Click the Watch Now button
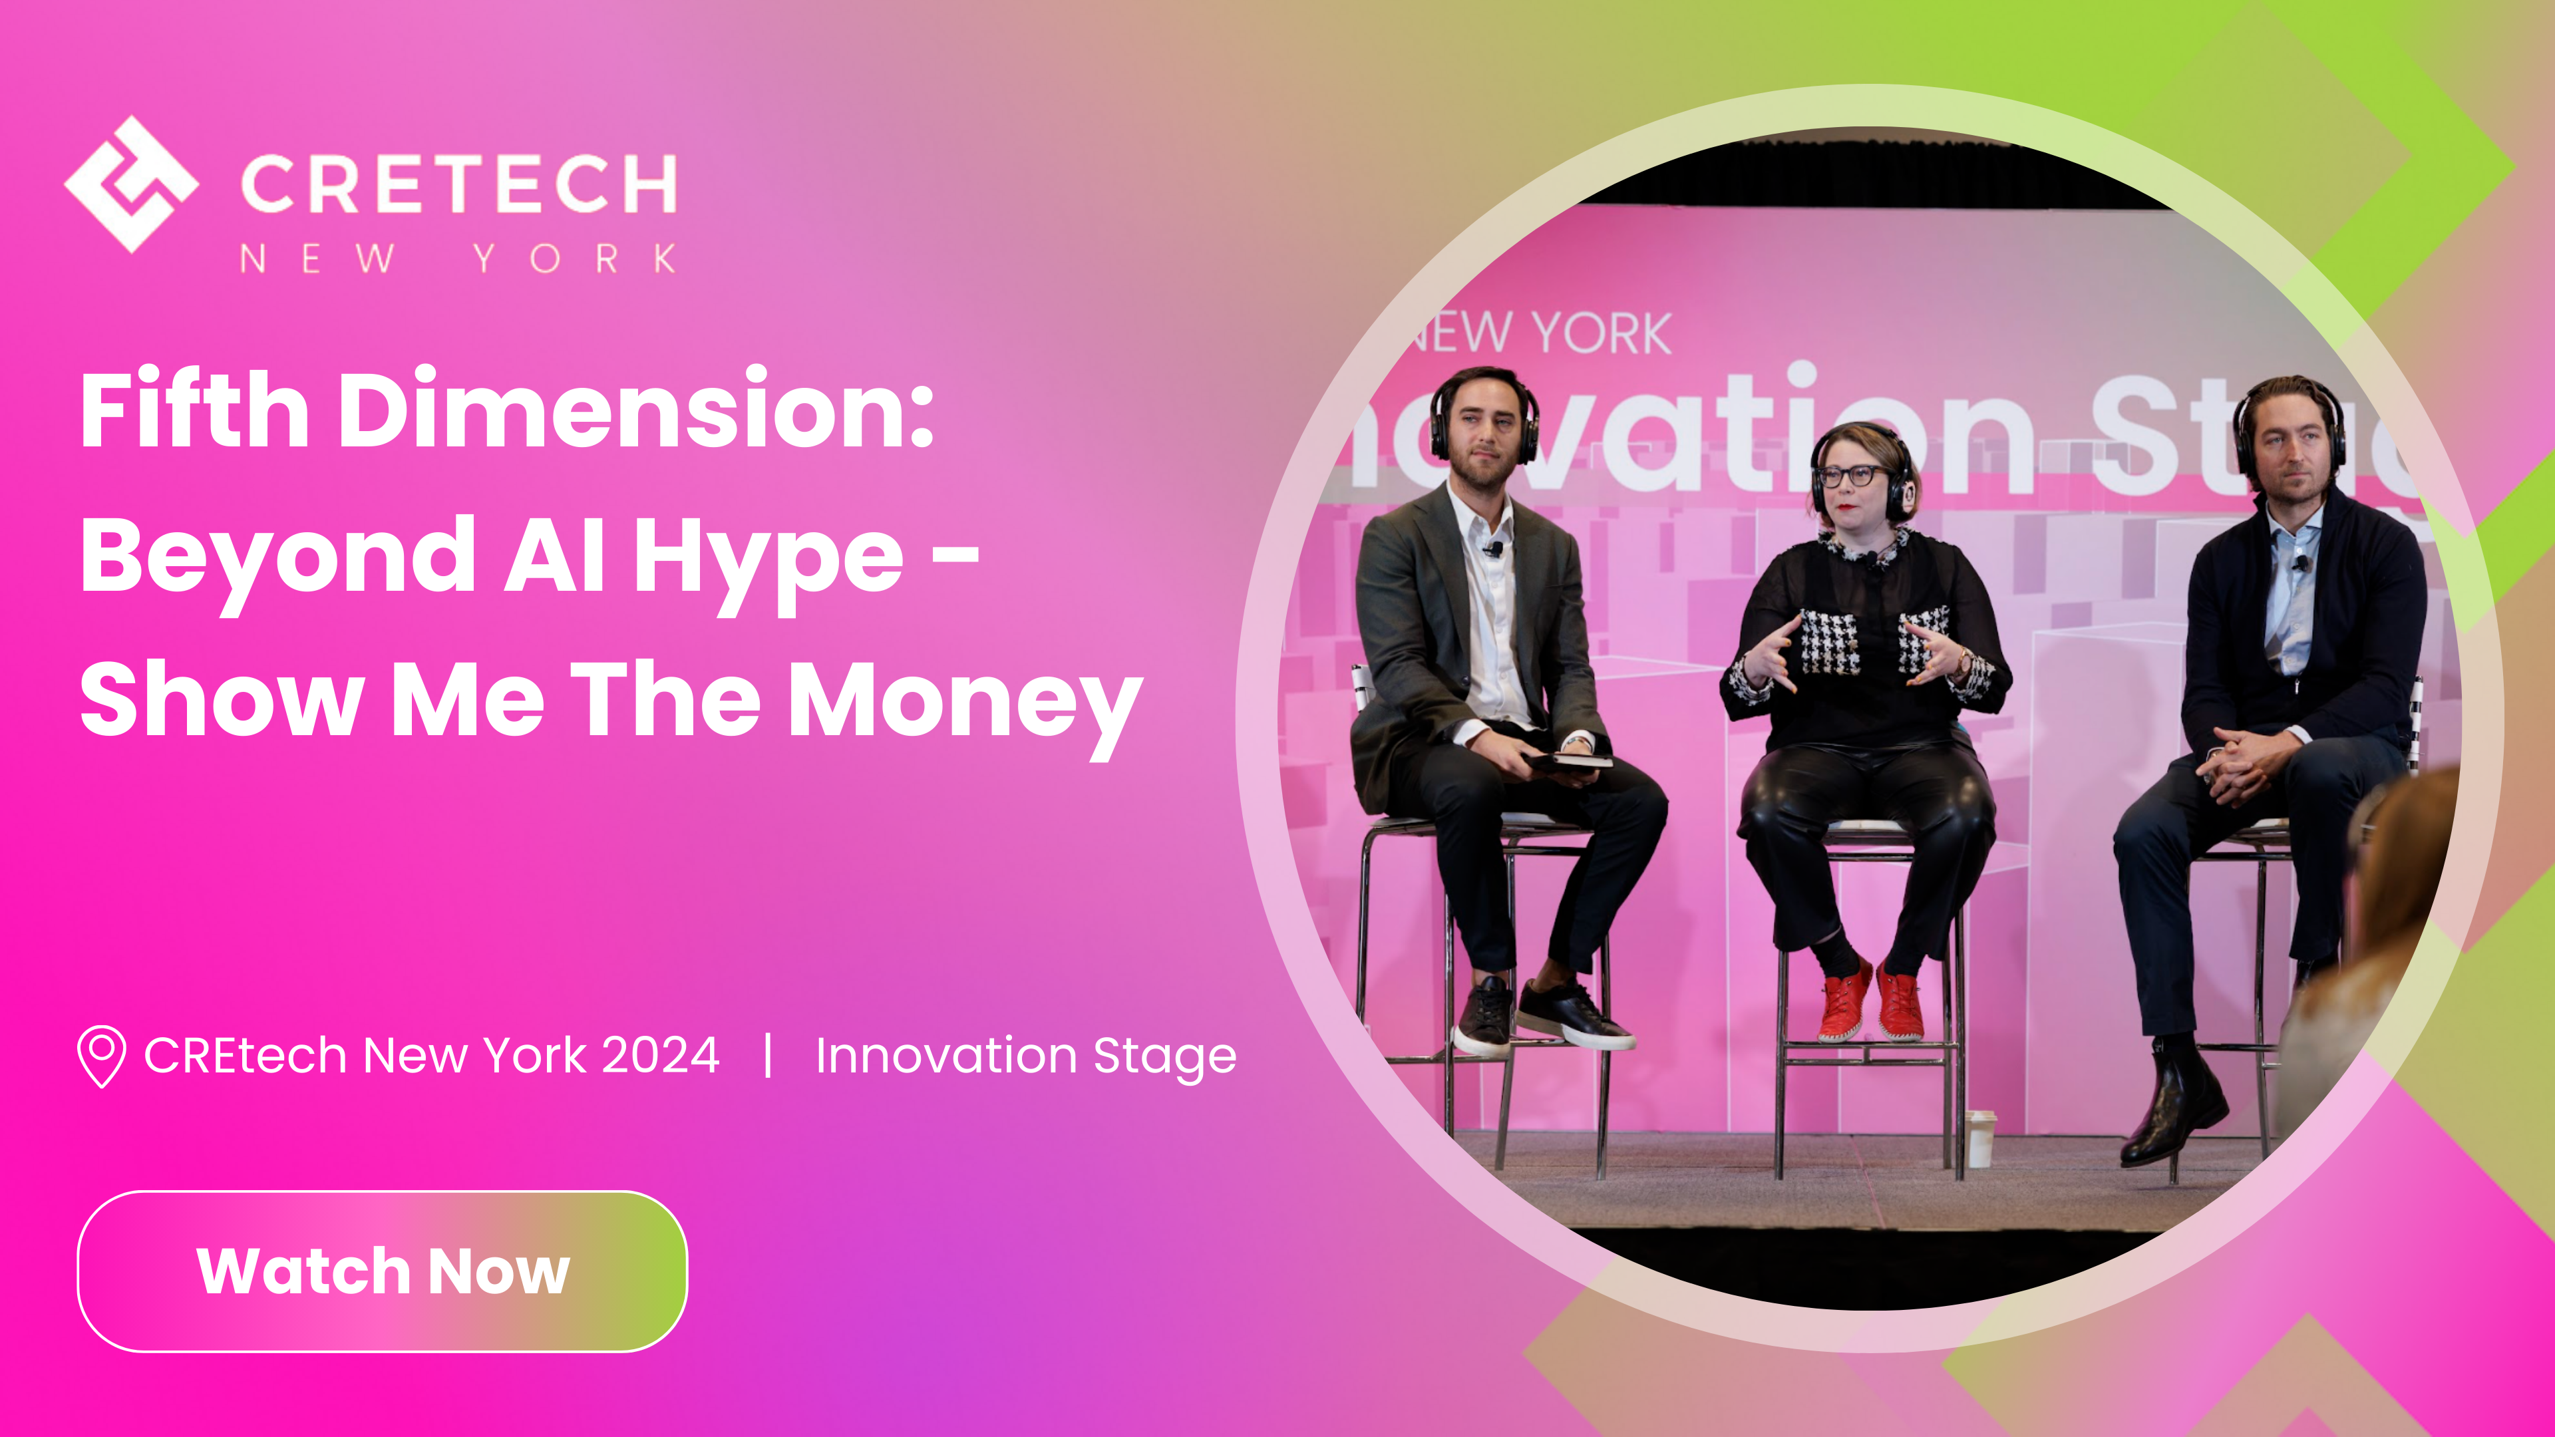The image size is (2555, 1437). (382, 1271)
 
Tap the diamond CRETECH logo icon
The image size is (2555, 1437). (131, 184)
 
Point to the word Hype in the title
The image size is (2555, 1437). (768, 558)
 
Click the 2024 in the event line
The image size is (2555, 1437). (661, 1055)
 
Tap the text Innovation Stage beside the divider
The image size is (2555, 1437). (1025, 1055)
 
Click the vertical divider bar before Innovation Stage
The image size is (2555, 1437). (768, 1054)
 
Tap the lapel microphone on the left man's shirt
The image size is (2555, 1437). (1492, 548)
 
